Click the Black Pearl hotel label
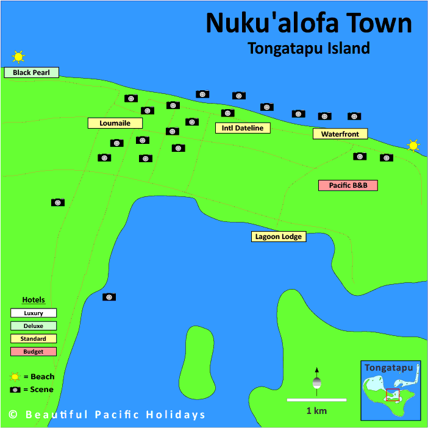coord(32,73)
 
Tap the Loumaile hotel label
coord(115,123)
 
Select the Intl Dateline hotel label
coord(243,128)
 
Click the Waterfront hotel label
coord(340,134)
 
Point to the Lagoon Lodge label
coord(279,237)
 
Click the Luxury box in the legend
coord(34,313)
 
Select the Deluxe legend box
coord(34,326)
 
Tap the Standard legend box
coord(34,338)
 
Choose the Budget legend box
coord(34,351)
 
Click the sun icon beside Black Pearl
coord(18,57)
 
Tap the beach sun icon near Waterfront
coord(413,146)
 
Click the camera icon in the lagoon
coord(109,297)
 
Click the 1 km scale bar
coord(316,400)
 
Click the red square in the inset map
coord(393,394)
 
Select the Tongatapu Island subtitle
coord(309,48)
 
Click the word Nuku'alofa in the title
coord(266,23)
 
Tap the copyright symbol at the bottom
coord(13,415)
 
